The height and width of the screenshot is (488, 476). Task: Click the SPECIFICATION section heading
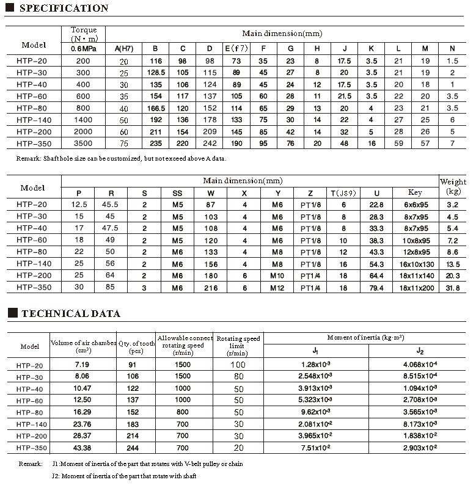(64, 9)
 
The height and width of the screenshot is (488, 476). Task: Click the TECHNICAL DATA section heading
(70, 314)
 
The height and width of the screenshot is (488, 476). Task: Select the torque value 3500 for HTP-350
(83, 143)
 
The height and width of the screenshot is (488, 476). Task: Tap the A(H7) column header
(124, 48)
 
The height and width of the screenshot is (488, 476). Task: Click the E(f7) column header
(236, 48)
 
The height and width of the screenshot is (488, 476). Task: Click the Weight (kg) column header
(453, 186)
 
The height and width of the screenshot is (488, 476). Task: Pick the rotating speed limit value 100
(238, 365)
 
